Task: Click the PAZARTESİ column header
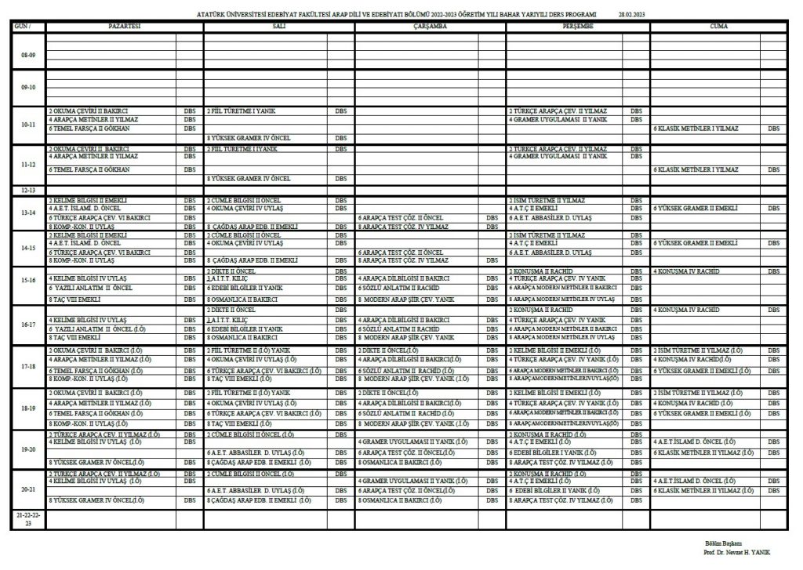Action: (x=124, y=26)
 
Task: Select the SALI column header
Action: (x=278, y=26)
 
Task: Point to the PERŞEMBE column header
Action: (x=577, y=26)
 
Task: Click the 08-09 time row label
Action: (x=27, y=54)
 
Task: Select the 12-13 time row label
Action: (x=27, y=191)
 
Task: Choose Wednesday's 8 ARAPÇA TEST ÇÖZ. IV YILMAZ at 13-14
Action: (x=401, y=226)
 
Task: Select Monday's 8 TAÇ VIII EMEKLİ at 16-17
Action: (x=74, y=337)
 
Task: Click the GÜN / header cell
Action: (x=27, y=26)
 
